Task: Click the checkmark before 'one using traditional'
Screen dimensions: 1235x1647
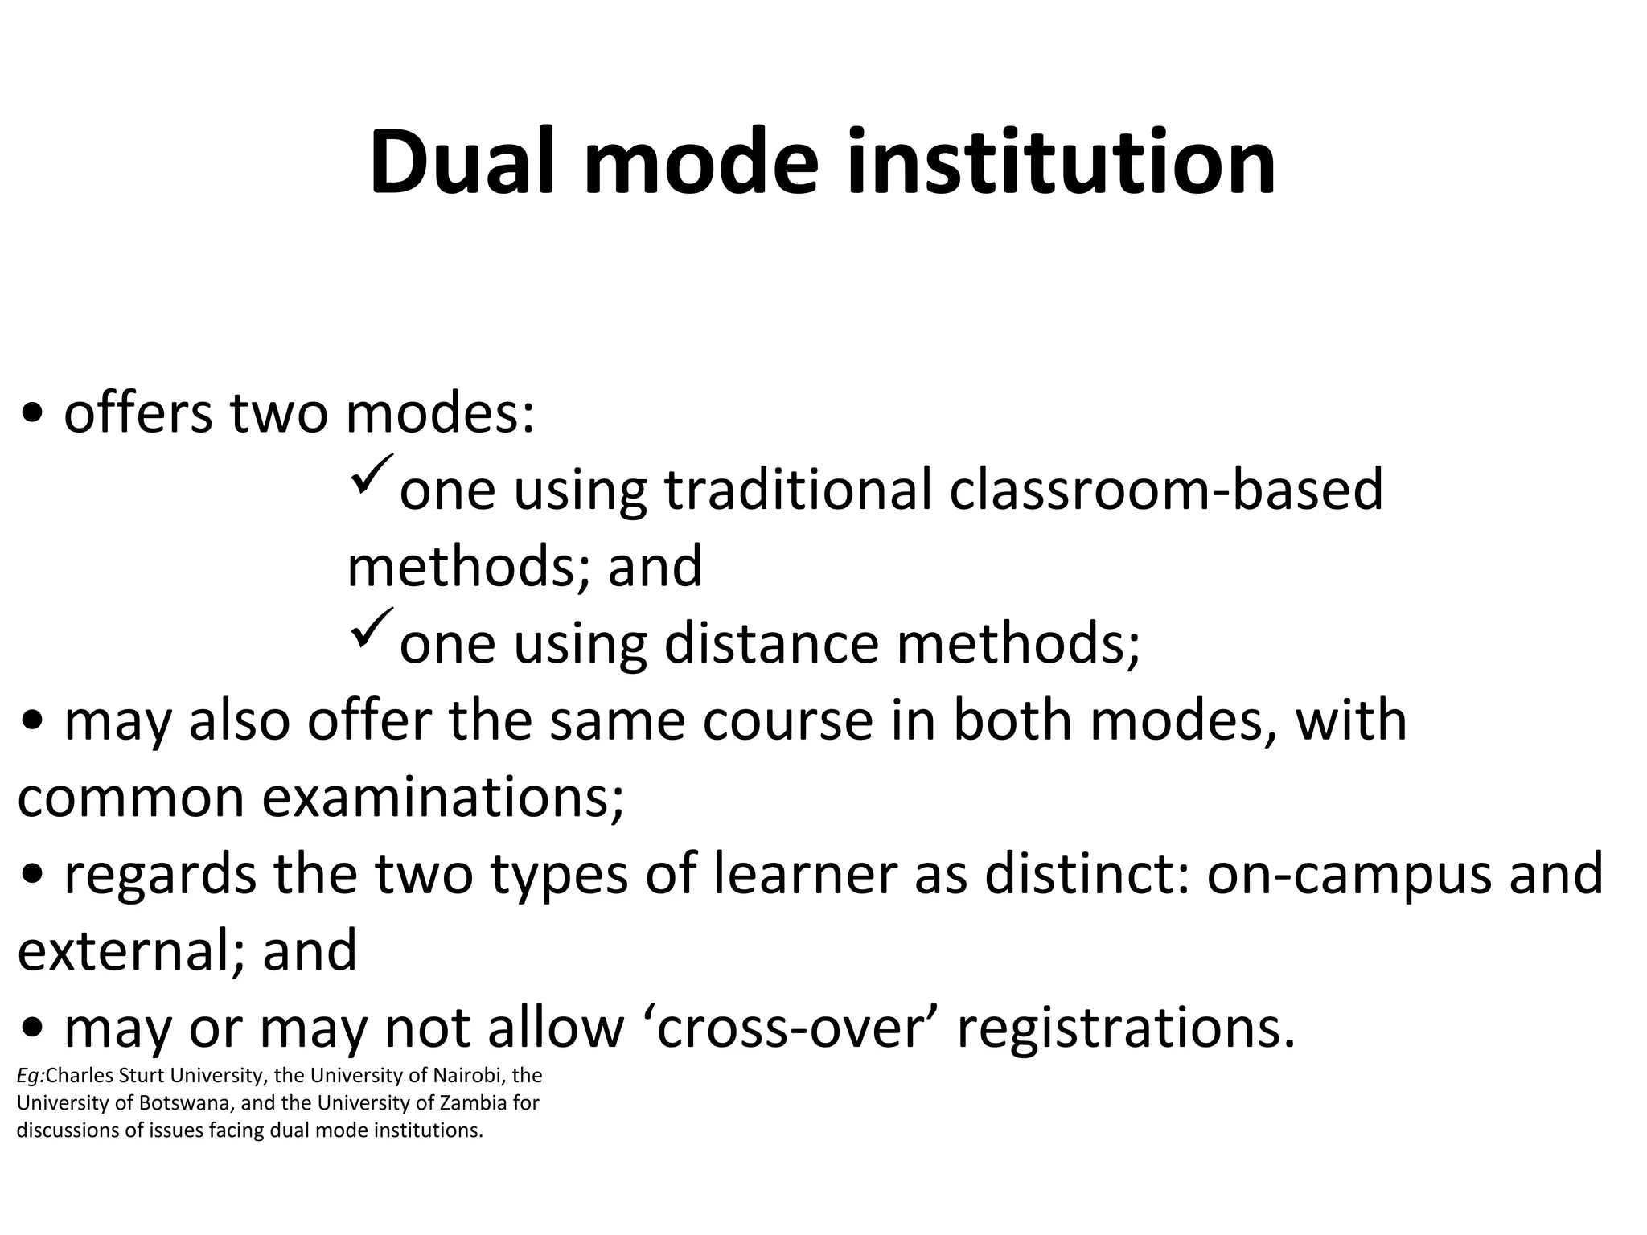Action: click(x=372, y=474)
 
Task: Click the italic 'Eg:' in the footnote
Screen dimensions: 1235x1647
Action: click(x=31, y=1077)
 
